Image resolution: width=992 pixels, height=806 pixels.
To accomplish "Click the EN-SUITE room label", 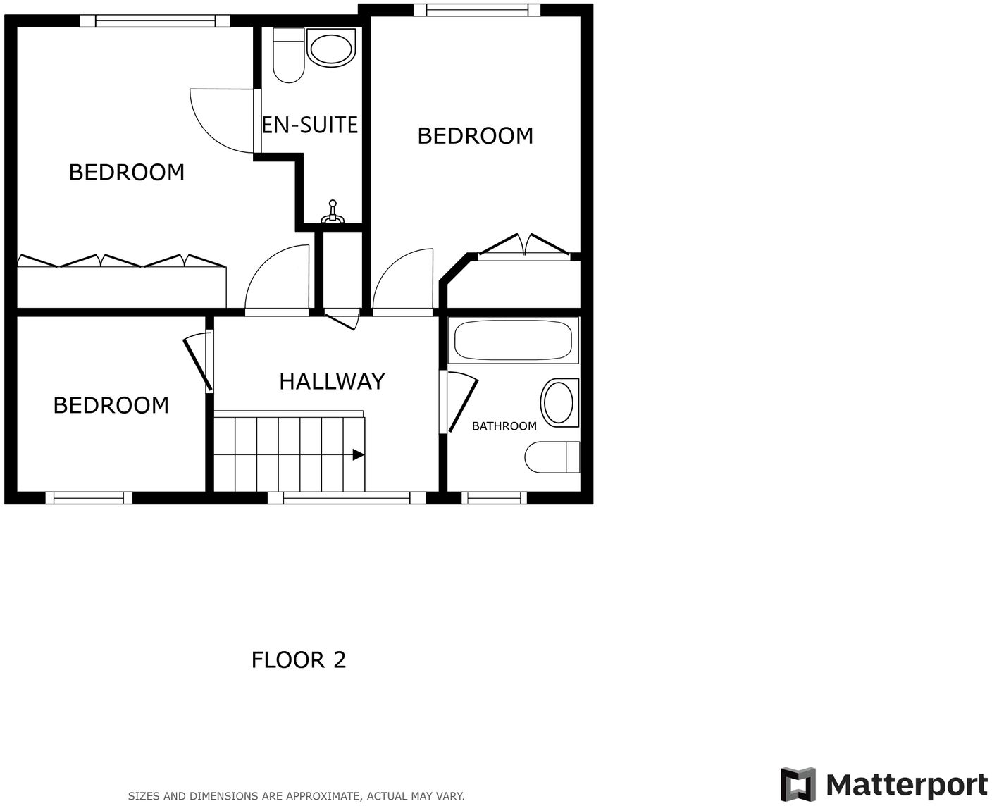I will [x=310, y=125].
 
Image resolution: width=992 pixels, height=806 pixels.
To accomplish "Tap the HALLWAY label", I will [x=332, y=381].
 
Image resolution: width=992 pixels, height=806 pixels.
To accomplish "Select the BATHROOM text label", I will [x=504, y=426].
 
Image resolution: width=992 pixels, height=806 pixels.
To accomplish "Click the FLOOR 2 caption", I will [x=299, y=660].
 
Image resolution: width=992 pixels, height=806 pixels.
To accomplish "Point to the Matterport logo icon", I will [x=798, y=784].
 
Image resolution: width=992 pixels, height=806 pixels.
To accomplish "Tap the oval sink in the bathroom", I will [x=559, y=402].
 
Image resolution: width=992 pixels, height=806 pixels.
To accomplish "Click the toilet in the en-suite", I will [x=288, y=55].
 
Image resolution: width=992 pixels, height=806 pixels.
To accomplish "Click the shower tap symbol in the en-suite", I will [x=333, y=213].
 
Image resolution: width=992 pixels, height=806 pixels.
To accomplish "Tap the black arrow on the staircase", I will [x=358, y=455].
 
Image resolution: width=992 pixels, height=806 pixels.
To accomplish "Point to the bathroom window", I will [x=494, y=498].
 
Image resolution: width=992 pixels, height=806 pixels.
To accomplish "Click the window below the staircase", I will [x=347, y=498].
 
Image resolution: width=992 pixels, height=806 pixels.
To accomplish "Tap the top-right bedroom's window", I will [x=477, y=10].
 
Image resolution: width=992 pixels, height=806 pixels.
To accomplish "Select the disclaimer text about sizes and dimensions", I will [x=296, y=796].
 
